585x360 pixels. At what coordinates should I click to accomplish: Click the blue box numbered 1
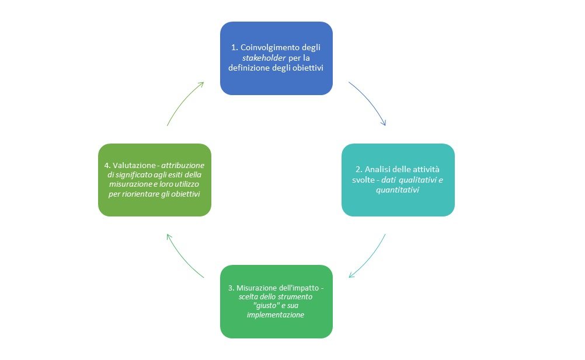click(x=276, y=58)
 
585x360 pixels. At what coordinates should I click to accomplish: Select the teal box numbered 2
click(x=398, y=180)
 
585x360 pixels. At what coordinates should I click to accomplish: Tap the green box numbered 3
click(x=276, y=302)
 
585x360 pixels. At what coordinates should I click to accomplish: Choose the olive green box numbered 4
click(x=155, y=180)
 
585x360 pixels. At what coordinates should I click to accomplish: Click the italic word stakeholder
click(x=264, y=58)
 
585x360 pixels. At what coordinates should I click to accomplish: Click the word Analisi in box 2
click(x=377, y=169)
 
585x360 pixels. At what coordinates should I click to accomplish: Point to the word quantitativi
click(x=398, y=190)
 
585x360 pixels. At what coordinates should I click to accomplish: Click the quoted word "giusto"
click(x=266, y=306)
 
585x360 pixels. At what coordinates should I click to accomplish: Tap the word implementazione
click(x=276, y=315)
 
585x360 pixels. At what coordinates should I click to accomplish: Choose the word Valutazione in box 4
click(x=134, y=165)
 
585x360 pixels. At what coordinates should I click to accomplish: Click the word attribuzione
click(x=183, y=165)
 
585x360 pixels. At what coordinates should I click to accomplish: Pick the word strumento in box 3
click(x=295, y=297)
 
